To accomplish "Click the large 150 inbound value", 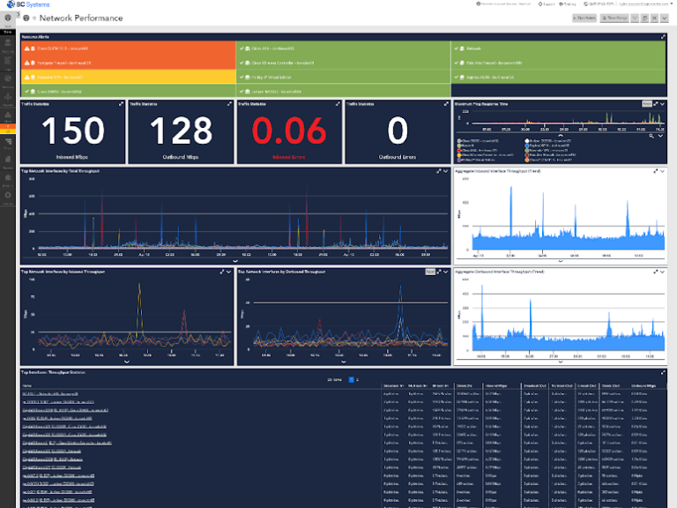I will click(x=72, y=131).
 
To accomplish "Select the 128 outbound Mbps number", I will click(x=181, y=131).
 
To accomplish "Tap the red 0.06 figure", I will click(x=289, y=131).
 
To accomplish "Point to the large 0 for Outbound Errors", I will click(x=397, y=131).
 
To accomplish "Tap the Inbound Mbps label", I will click(x=72, y=157).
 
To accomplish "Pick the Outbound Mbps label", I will click(x=181, y=157).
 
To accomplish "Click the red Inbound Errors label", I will click(x=289, y=157).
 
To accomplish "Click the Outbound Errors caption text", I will click(x=397, y=157).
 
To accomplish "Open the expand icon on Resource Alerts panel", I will click(x=663, y=37).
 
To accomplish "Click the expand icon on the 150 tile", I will click(x=121, y=104).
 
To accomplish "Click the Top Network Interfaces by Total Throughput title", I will click(x=61, y=170).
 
